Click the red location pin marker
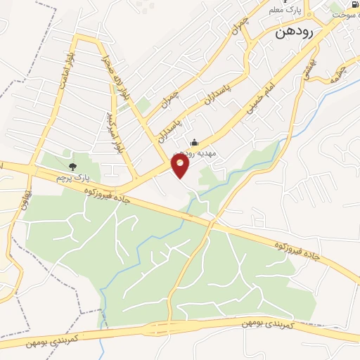pos(181,165)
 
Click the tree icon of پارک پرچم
pos(72,167)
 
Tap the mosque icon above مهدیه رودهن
pos(195,142)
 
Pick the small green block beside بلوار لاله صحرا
pos(143,106)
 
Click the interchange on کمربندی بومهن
pos(169,328)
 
